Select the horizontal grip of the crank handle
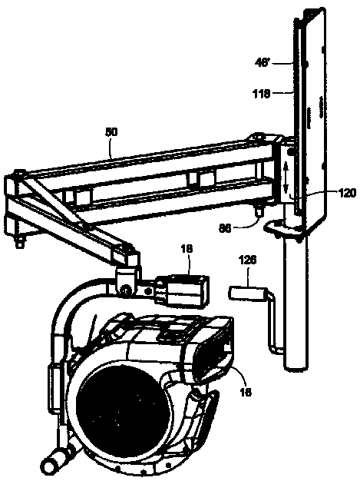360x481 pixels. click(244, 294)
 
